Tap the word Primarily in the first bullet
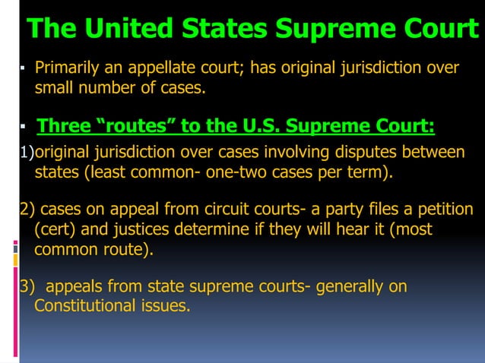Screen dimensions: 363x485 tap(71, 68)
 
